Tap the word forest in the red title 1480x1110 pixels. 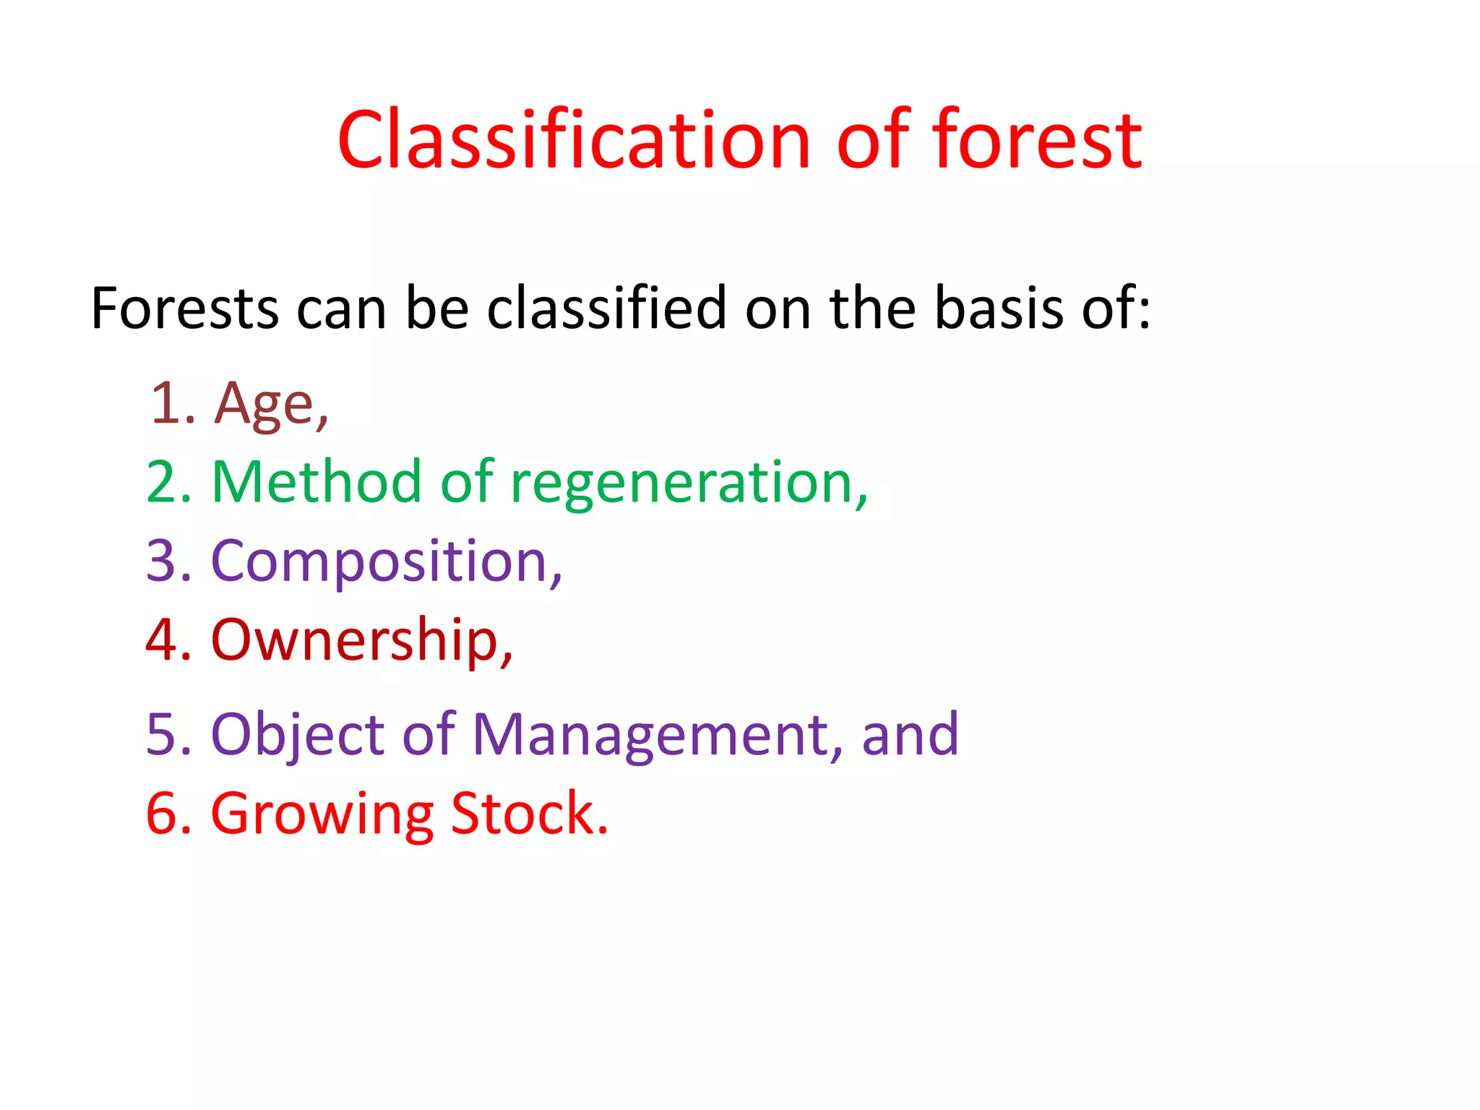click(x=1038, y=140)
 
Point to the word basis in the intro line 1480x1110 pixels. click(x=999, y=309)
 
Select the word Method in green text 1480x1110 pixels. click(x=317, y=482)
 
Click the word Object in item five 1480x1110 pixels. click(x=297, y=736)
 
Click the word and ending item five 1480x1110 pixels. click(x=910, y=734)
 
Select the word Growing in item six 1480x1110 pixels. click(x=322, y=815)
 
